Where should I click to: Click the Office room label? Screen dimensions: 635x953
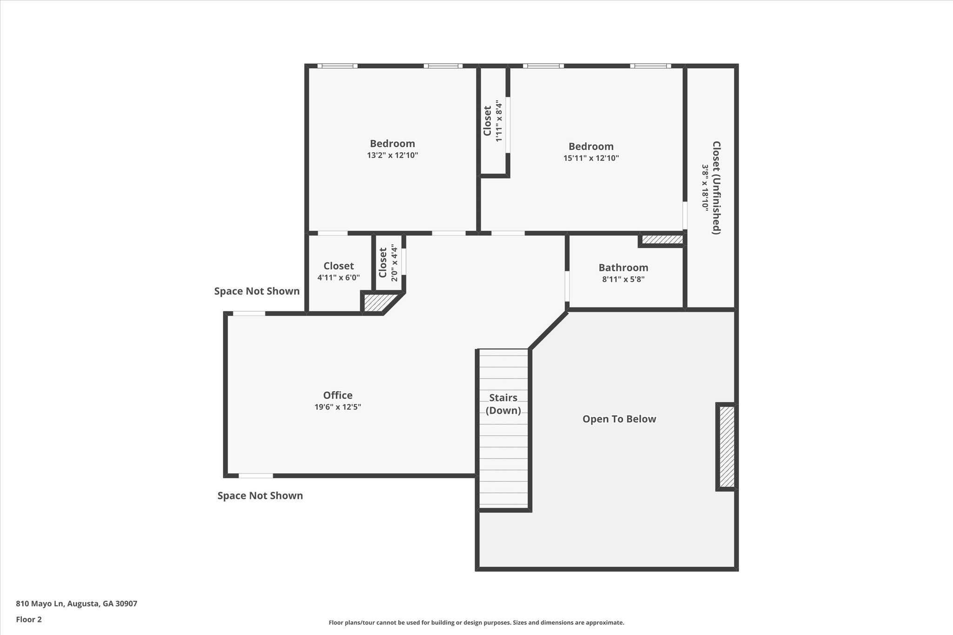[x=337, y=395]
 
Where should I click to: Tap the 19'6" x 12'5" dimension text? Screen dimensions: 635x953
[x=337, y=407]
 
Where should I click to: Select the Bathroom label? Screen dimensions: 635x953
[x=623, y=267]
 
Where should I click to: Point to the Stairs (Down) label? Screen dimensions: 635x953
[x=503, y=404]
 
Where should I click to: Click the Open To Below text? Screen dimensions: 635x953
[x=619, y=419]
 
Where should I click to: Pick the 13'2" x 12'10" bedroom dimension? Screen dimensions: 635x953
[x=392, y=155]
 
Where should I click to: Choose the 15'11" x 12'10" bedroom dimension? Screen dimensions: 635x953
[x=591, y=158]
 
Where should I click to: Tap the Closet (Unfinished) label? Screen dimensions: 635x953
[x=717, y=187]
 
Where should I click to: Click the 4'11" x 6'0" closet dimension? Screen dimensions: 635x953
[x=338, y=278]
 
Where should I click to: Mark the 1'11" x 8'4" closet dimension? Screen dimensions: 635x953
[x=499, y=121]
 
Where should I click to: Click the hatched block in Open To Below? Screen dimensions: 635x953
[x=727, y=447]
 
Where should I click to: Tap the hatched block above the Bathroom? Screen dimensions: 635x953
[x=662, y=240]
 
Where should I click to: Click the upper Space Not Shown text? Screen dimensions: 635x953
[x=256, y=291]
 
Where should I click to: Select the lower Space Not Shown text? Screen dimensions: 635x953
[x=260, y=495]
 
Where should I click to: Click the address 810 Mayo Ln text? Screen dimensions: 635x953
[x=76, y=603]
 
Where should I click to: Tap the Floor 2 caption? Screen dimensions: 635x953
[x=29, y=619]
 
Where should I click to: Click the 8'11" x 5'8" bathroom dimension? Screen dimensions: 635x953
[x=623, y=280]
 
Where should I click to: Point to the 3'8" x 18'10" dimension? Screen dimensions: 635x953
[x=705, y=187]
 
